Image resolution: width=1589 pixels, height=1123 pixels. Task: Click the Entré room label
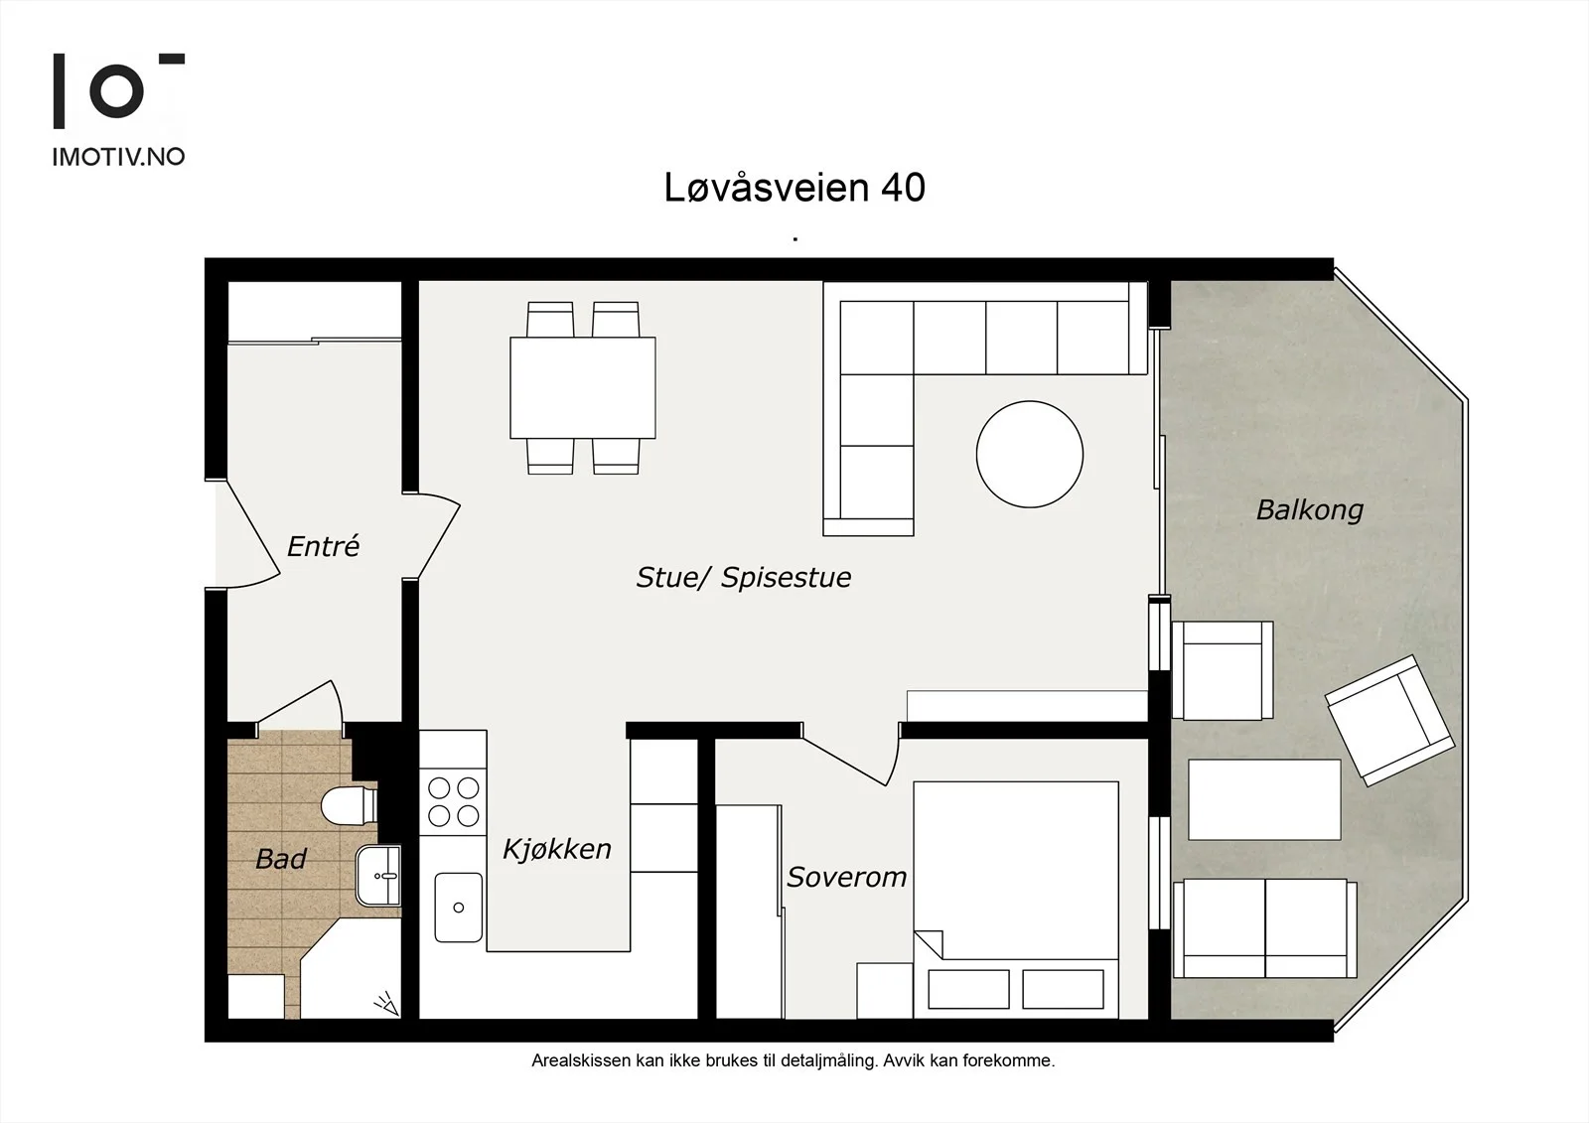[x=324, y=546]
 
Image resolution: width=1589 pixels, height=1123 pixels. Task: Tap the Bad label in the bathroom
[x=281, y=859]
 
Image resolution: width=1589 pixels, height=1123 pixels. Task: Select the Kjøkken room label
[x=557, y=849]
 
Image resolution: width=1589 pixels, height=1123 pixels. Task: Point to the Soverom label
[x=846, y=878]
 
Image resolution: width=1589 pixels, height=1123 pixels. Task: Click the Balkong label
[x=1310, y=510]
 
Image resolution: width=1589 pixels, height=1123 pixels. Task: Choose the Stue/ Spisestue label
[x=744, y=578]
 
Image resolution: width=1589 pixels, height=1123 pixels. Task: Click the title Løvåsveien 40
[x=794, y=188]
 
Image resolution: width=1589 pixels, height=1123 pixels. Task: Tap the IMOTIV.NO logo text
[x=118, y=157]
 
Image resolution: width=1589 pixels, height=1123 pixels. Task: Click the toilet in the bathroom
[x=349, y=806]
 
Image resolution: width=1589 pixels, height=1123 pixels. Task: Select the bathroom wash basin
[x=378, y=876]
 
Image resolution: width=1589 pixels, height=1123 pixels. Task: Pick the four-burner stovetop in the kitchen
[x=453, y=801]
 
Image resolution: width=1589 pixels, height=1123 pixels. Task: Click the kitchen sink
[x=458, y=908]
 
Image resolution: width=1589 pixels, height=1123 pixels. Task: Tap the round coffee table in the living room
[x=1029, y=454]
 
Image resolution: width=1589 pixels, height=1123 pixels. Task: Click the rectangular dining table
[x=582, y=387]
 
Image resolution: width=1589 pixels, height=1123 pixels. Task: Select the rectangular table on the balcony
[x=1264, y=799]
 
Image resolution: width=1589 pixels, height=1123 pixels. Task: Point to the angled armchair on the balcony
[x=1389, y=720]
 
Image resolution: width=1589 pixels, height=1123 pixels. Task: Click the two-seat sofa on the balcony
[x=1265, y=928]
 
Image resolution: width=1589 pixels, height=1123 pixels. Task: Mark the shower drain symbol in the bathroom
[x=386, y=1004]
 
